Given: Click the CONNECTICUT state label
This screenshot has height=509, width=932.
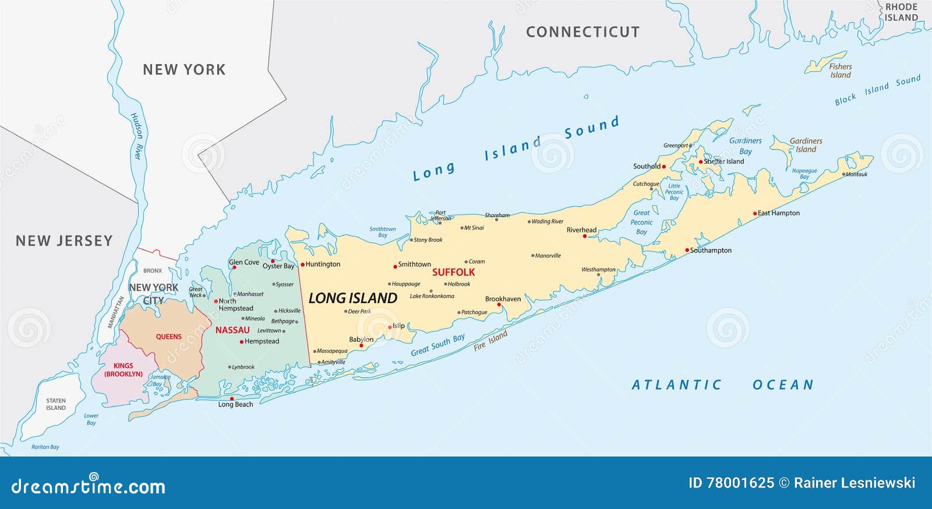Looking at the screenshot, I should point(582,32).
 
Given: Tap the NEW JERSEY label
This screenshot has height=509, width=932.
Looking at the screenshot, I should point(64,241).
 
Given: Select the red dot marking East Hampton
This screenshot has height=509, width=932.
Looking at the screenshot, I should point(755,214).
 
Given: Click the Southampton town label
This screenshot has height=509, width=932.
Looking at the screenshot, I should point(711,251).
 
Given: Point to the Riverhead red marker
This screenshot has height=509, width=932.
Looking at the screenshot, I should point(585,236).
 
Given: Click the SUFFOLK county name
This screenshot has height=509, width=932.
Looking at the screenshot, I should point(453,272).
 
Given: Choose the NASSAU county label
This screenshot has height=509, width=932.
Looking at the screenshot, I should point(232,331).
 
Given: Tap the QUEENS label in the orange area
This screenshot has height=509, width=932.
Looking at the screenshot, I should point(168,337).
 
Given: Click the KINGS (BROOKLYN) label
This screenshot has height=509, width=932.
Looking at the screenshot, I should point(123,370).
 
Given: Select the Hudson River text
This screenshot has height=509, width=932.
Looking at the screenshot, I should point(136,136).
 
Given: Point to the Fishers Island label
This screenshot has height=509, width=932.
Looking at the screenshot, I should point(840,71).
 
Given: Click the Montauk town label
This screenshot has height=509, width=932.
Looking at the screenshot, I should point(856,174).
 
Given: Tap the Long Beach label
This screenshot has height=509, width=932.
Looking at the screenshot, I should point(235,405).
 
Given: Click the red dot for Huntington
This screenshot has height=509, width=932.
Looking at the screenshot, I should point(302,265).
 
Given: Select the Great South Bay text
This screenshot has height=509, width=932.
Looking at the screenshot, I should point(437,345).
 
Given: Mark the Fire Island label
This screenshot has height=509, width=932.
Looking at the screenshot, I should point(490,340).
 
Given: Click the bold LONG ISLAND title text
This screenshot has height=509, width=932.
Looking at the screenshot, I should point(352,299).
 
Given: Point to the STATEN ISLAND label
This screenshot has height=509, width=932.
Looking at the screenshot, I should point(56,404).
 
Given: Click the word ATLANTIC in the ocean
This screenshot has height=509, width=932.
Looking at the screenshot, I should point(677,385).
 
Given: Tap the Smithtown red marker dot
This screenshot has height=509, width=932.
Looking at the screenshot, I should point(395,265).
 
